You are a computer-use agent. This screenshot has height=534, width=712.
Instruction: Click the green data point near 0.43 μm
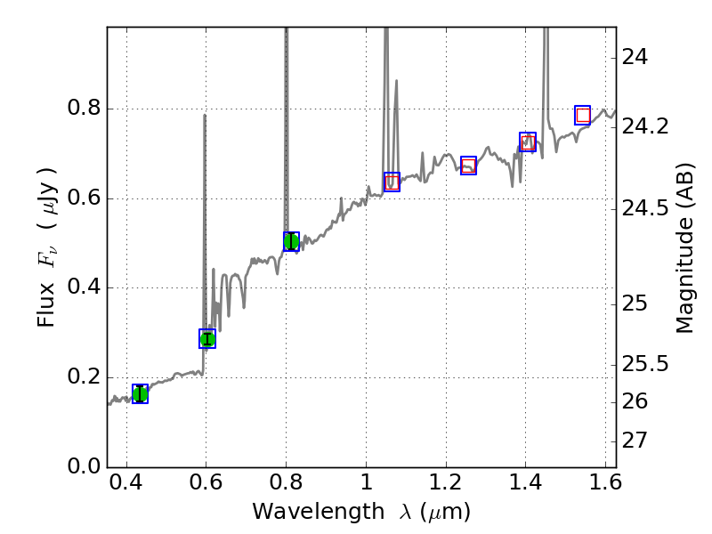[140, 393]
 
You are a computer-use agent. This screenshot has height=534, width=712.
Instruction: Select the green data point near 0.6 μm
[207, 338]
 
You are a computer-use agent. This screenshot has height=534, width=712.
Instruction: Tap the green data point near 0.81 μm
[291, 241]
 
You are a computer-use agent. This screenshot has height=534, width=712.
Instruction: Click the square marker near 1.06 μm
[392, 182]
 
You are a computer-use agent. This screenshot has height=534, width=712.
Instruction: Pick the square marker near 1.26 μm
[469, 165]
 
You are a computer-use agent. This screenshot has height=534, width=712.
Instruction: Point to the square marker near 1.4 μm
[528, 142]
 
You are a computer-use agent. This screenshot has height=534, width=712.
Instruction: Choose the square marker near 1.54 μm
[583, 115]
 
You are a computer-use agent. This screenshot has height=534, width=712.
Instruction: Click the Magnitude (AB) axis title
[684, 248]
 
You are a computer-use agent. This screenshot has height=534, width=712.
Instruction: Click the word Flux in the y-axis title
[46, 303]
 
